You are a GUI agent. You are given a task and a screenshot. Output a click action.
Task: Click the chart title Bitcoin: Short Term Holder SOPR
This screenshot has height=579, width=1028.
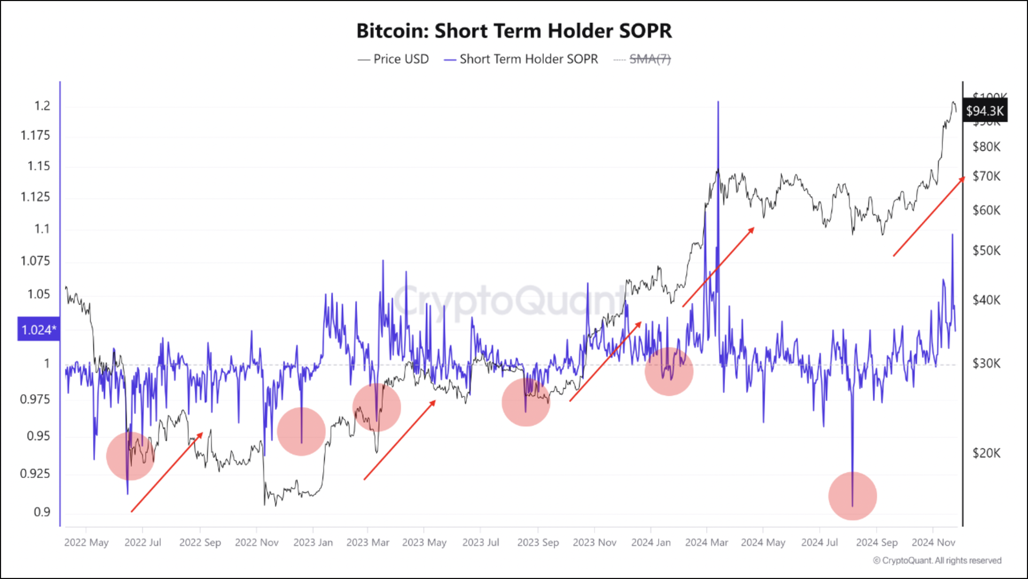click(514, 31)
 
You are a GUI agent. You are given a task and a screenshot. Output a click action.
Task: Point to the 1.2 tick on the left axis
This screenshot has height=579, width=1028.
click(42, 106)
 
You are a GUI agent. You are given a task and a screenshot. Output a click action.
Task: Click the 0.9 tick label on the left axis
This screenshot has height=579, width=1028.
click(42, 512)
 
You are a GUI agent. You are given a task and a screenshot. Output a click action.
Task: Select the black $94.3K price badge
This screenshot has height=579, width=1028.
click(985, 111)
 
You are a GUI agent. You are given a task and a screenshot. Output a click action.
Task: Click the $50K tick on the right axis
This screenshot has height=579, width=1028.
click(986, 251)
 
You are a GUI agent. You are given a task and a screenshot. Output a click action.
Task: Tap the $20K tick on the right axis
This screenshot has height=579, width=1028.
click(986, 453)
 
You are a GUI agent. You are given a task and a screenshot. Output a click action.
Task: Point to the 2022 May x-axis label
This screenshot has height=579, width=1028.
click(87, 542)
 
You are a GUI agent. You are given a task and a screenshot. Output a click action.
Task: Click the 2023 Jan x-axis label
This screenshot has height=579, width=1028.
click(313, 542)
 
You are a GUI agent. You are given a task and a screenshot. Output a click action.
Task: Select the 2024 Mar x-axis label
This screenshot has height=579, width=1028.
click(706, 542)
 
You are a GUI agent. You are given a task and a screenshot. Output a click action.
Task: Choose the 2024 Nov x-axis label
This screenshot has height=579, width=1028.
click(933, 542)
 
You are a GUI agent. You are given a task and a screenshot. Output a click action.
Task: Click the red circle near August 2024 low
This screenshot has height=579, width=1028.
click(853, 496)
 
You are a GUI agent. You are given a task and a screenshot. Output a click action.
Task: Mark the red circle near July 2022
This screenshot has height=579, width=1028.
click(130, 456)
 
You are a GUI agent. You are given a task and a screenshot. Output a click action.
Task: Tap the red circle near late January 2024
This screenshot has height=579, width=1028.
click(669, 371)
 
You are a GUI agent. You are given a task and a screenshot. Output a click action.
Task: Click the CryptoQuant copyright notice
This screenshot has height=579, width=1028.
click(937, 560)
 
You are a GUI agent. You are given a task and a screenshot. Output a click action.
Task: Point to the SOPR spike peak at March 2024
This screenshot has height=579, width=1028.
click(718, 102)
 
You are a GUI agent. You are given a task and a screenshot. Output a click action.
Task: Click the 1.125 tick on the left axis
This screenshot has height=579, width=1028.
click(35, 197)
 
